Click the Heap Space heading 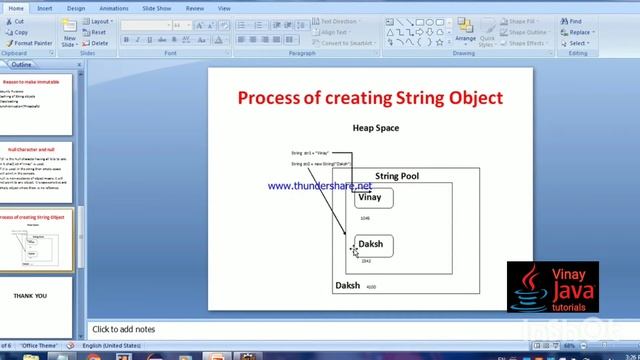(x=376, y=128)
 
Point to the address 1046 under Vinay (x=365, y=218)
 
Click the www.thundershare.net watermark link (x=319, y=186)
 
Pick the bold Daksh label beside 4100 (x=347, y=286)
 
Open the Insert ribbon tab (x=45, y=8)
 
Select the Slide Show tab (x=158, y=8)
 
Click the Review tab (x=195, y=8)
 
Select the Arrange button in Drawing (x=465, y=32)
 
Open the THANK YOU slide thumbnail (x=30, y=296)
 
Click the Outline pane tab (x=21, y=65)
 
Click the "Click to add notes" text (x=124, y=329)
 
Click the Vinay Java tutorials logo (x=553, y=289)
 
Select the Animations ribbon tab (x=114, y=8)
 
